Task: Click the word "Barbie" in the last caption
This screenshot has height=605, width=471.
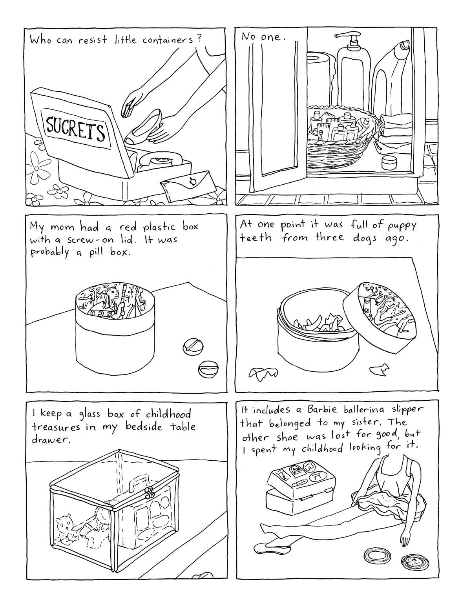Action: [322, 410]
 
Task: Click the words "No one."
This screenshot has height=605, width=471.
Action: [263, 37]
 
